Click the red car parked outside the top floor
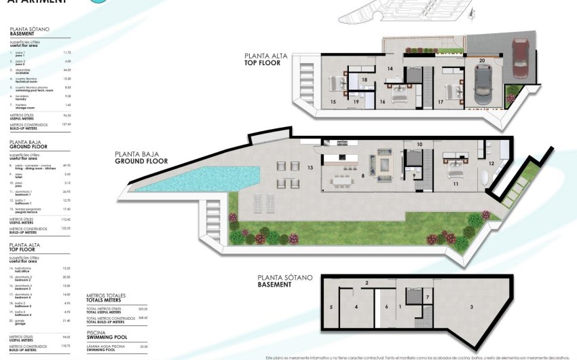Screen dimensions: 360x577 point(520,60)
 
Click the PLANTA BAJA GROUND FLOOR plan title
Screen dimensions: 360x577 point(142,158)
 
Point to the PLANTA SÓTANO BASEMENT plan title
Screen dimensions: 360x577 point(284,281)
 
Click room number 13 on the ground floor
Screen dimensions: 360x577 point(310,167)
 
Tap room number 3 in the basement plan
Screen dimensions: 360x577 point(472,308)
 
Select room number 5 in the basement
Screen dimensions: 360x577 point(331,308)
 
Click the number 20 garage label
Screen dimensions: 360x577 point(481,60)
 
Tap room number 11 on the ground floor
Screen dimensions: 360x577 point(456,184)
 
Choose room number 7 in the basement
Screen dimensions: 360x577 point(427,298)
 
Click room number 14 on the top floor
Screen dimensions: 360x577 point(390,69)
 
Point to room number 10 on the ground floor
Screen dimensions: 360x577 point(420,145)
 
